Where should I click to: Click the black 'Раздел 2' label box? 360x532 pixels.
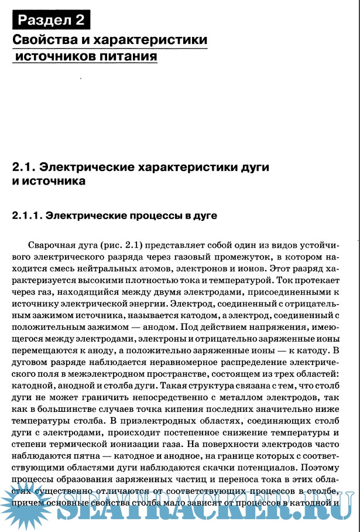pos(51,20)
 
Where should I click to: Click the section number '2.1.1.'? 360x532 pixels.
pos(28,216)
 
